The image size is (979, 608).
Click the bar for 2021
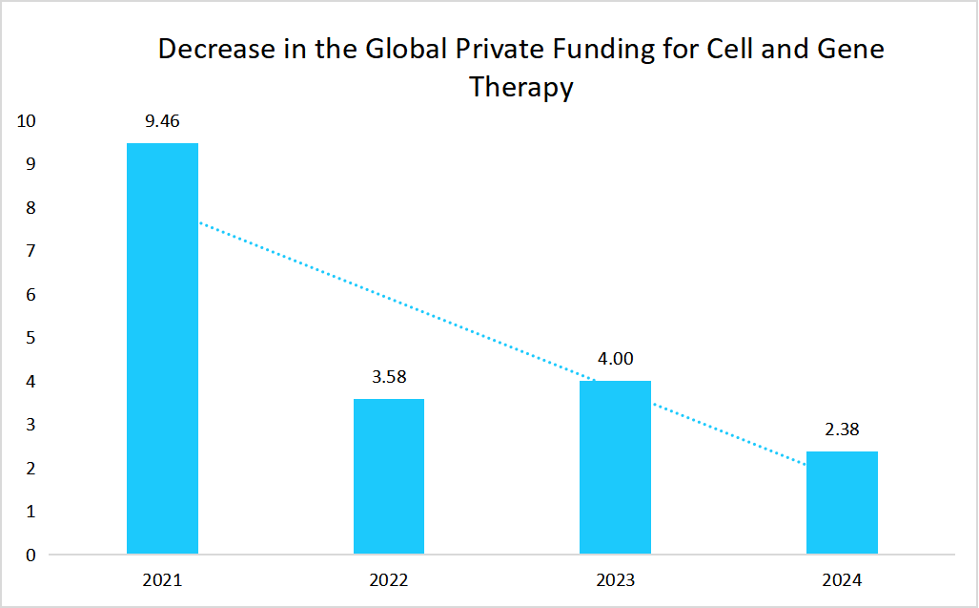tap(162, 348)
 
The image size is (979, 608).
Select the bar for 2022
tap(389, 476)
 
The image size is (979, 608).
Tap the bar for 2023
tap(615, 468)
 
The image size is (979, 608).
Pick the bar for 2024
tap(842, 503)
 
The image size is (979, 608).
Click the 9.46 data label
tap(162, 121)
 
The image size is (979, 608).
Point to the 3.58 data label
tap(389, 376)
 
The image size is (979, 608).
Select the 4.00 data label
tap(615, 359)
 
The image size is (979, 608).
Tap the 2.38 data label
tap(842, 429)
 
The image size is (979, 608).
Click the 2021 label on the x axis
tap(162, 579)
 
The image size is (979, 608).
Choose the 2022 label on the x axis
tap(389, 579)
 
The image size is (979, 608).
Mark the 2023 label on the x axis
tap(615, 579)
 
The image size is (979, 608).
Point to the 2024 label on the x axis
tap(842, 579)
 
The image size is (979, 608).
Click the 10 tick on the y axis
tap(27, 121)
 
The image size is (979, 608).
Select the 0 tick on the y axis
tap(31, 555)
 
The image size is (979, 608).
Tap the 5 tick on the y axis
tap(31, 338)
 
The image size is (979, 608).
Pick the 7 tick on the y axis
tap(31, 251)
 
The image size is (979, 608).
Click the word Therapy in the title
tap(520, 88)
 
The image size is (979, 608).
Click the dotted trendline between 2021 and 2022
tap(286, 258)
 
